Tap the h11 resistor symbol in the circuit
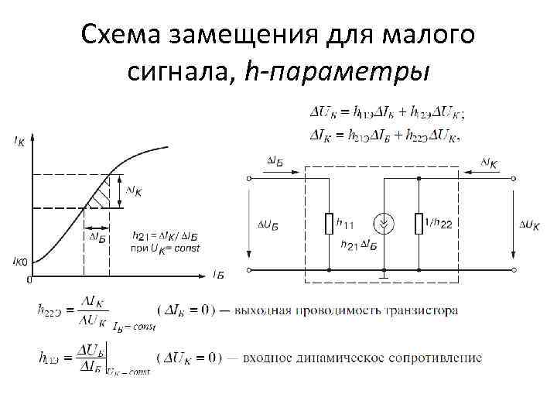(x=329, y=224)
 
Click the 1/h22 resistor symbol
(x=419, y=224)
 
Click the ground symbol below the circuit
(x=384, y=275)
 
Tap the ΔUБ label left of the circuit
(x=268, y=224)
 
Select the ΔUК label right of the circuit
(x=531, y=224)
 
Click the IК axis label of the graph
(x=18, y=141)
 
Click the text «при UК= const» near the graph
(x=159, y=248)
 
